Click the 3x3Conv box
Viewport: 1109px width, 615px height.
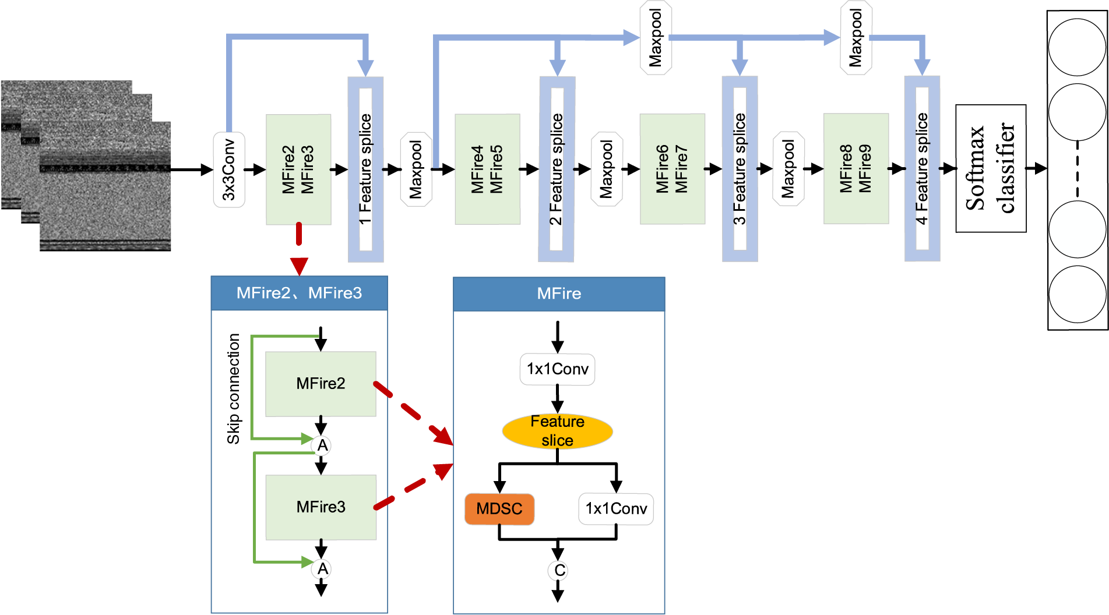coord(229,169)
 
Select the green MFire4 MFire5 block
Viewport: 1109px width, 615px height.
coord(487,169)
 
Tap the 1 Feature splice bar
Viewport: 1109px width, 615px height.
coord(365,169)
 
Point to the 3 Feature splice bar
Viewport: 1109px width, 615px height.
coord(740,169)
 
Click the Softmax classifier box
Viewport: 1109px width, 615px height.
coord(990,168)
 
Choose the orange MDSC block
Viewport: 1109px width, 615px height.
coord(499,509)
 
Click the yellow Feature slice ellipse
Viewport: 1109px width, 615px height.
coord(557,431)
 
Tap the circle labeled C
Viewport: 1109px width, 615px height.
coord(558,571)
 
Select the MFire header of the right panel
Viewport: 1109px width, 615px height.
coord(558,294)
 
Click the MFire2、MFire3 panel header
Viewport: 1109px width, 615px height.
coord(299,293)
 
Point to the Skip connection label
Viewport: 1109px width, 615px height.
coord(234,388)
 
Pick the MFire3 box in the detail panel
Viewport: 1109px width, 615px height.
coord(321,507)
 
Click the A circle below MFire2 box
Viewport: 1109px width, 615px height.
coord(322,446)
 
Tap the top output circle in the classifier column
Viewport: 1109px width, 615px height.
coord(1077,47)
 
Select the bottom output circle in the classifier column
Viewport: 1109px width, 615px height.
coord(1077,294)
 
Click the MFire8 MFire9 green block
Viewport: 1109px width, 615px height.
coord(855,169)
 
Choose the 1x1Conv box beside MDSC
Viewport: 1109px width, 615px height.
coord(616,509)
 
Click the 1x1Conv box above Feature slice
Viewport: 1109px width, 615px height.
coord(557,369)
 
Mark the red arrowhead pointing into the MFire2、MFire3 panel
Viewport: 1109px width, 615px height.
coord(299,267)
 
